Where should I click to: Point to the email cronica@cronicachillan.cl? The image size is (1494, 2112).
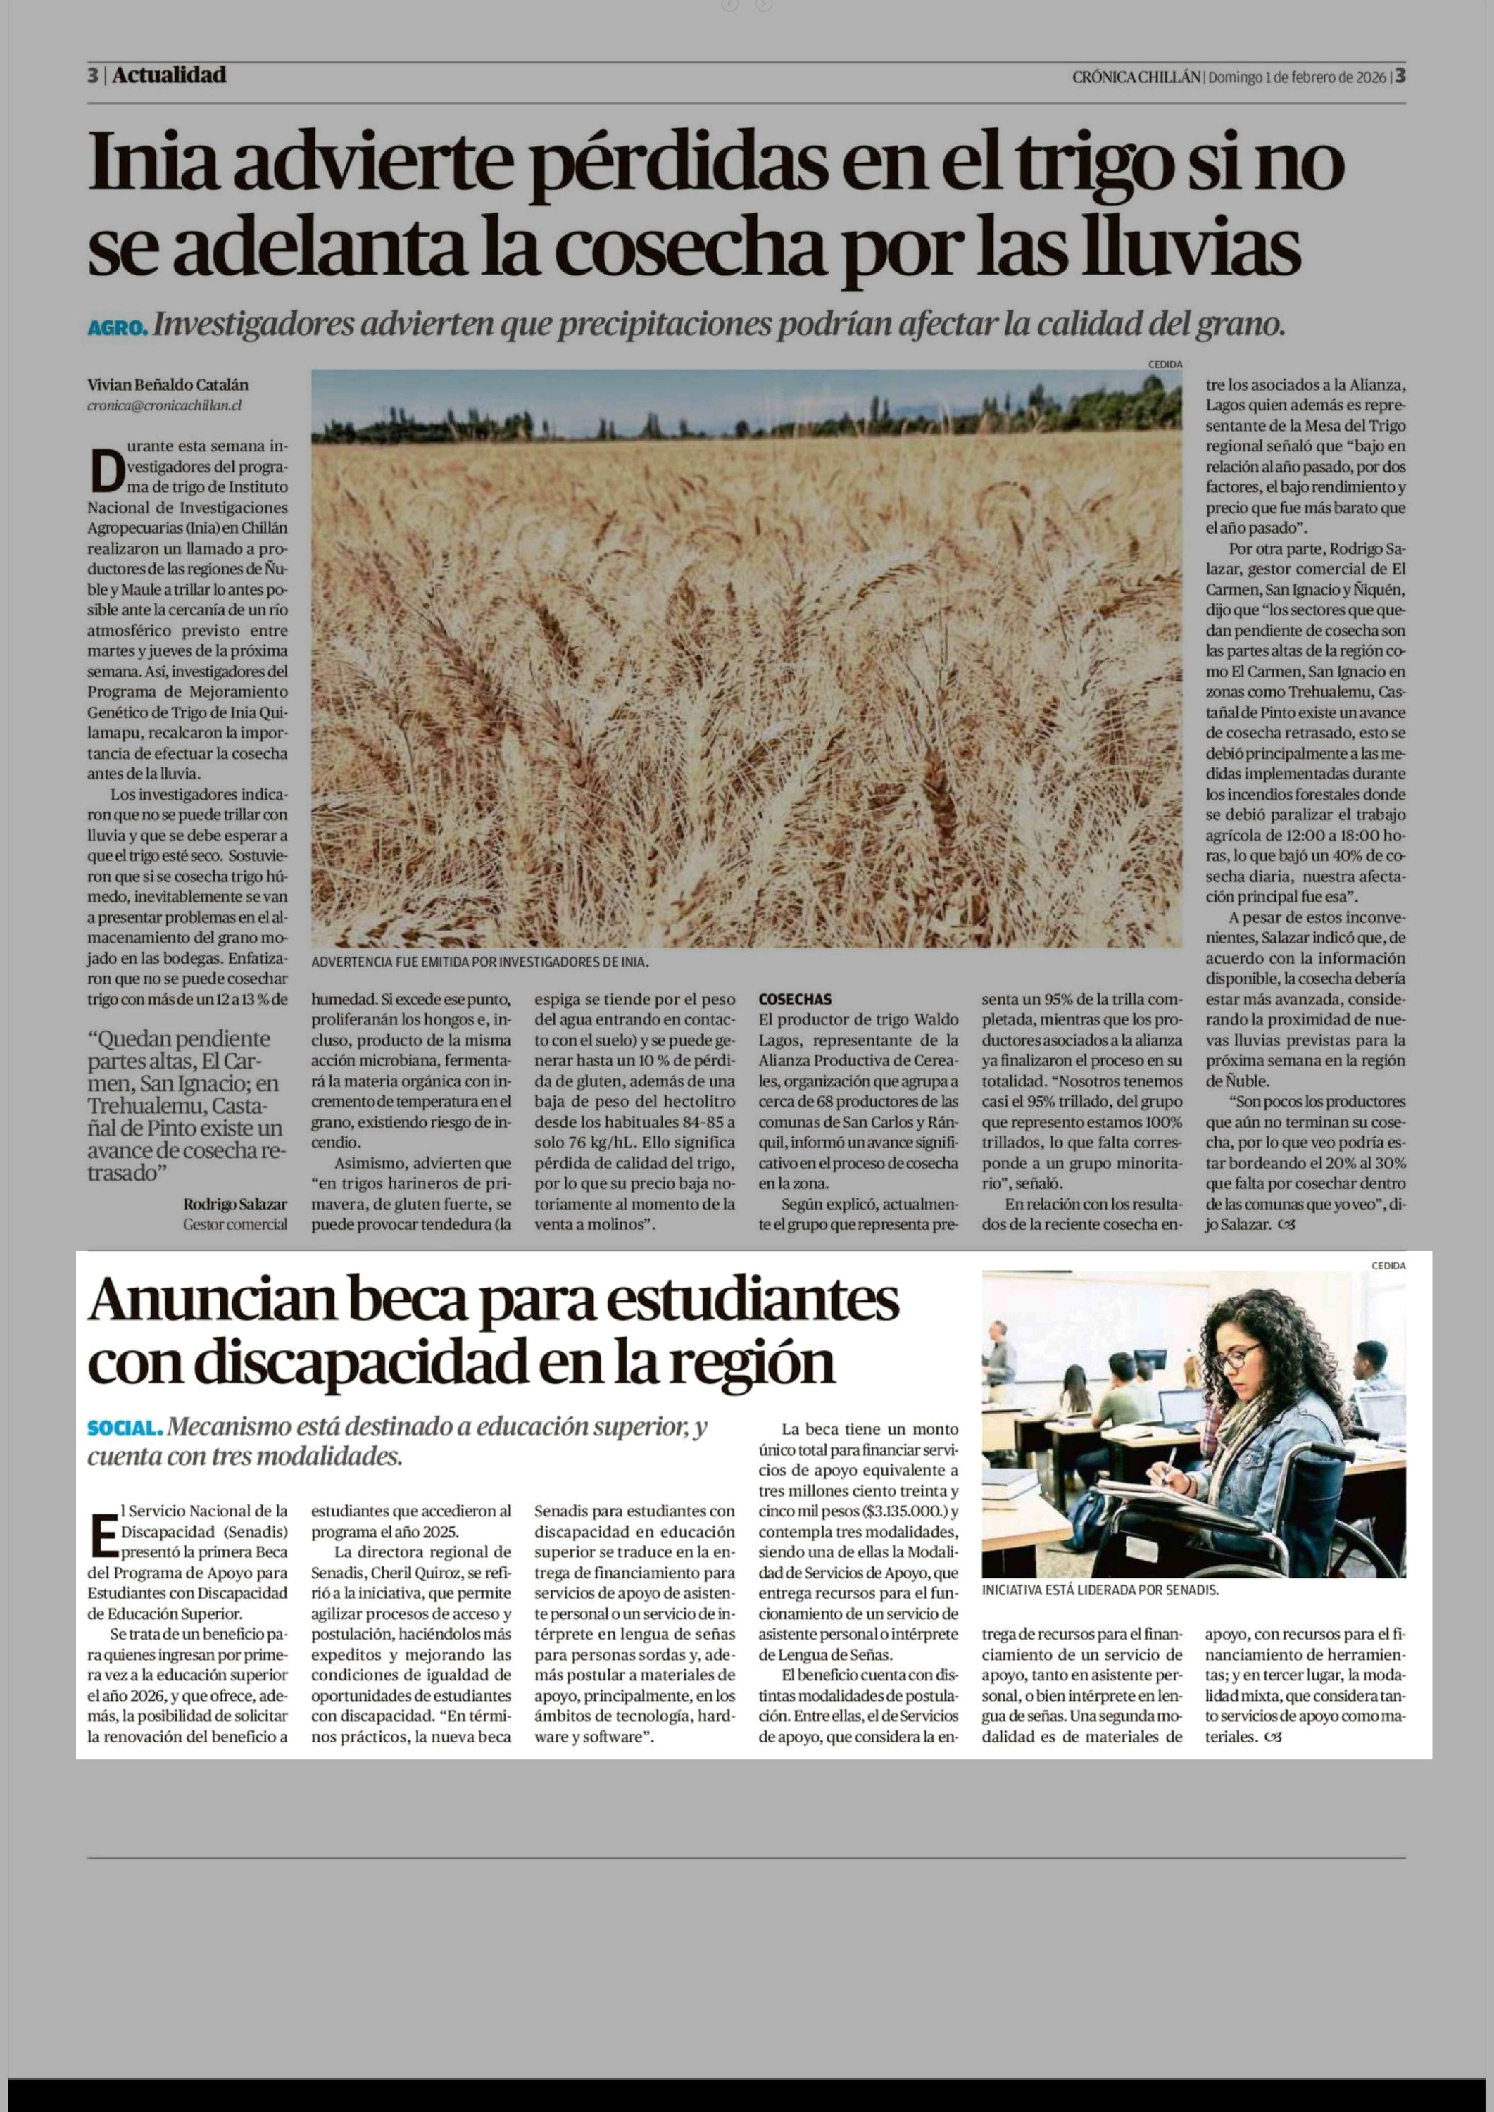(x=165, y=405)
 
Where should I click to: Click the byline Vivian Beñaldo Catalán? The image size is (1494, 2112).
(x=168, y=385)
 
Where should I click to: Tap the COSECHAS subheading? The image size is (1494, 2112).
(x=795, y=999)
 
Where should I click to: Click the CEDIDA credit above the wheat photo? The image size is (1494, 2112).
(x=1165, y=364)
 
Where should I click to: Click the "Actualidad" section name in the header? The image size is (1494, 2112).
(x=169, y=75)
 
